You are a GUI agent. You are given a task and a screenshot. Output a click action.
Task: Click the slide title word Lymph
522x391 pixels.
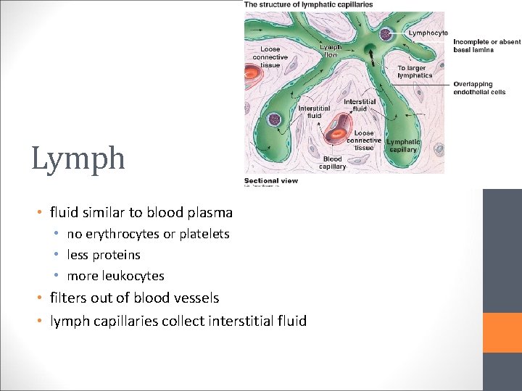point(78,159)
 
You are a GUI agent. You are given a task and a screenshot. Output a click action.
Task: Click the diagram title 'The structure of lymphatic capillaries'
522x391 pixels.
point(309,4)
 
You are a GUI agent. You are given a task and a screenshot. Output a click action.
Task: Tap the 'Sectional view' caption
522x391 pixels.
point(270,180)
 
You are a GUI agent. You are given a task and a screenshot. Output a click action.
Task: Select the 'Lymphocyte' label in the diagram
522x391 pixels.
point(428,33)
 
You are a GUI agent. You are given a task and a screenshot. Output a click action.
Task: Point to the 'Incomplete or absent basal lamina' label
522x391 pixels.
point(486,46)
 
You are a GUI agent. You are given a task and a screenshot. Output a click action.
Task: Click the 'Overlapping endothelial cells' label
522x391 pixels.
point(479,88)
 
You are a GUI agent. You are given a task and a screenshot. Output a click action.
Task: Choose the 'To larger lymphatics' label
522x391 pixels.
point(415,72)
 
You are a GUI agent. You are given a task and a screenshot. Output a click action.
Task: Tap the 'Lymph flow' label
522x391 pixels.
point(330,51)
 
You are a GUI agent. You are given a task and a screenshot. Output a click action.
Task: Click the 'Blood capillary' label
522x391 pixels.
point(332,163)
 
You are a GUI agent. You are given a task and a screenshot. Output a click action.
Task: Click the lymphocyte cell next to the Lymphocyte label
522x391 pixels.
point(389,33)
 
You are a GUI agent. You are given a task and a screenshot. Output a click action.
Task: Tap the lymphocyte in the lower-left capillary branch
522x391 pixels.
point(275,121)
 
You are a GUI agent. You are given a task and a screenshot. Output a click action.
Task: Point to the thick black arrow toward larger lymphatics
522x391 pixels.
point(370,52)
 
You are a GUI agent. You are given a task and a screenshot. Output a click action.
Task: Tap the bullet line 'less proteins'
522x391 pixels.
point(104,255)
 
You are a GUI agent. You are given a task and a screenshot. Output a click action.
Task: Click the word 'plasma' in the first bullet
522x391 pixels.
point(212,213)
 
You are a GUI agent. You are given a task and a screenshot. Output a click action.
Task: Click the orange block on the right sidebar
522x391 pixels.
point(502,332)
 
